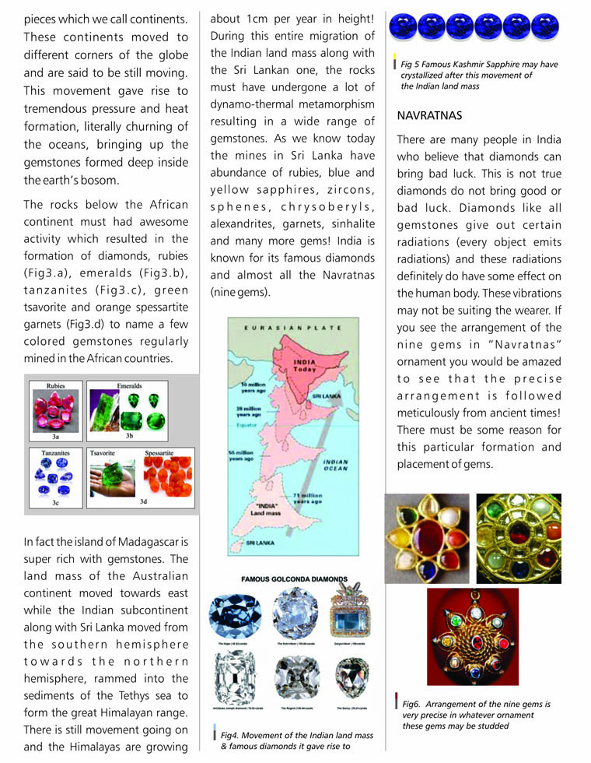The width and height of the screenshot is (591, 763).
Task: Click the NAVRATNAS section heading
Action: click(x=429, y=115)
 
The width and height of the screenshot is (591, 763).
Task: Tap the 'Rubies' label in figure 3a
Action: click(x=55, y=386)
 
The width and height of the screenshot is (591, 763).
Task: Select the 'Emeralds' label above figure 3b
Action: click(x=128, y=386)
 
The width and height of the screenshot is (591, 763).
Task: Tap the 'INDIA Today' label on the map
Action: click(x=304, y=366)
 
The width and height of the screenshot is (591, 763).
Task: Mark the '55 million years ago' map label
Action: click(x=243, y=456)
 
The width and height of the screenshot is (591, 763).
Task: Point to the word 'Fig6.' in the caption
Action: click(x=413, y=704)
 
